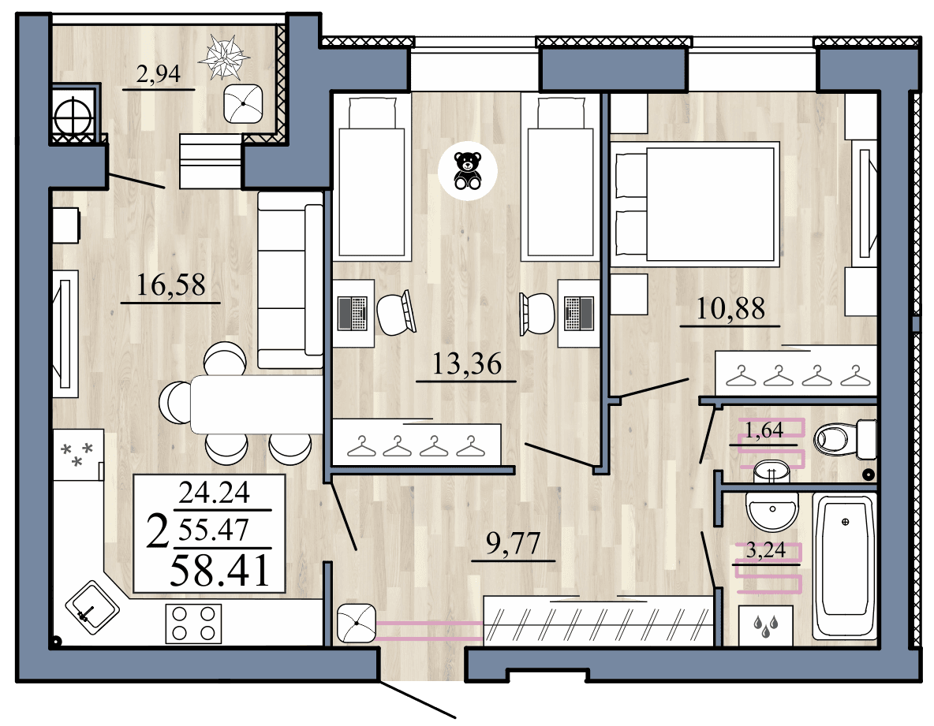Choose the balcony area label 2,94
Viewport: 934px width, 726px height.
(x=159, y=75)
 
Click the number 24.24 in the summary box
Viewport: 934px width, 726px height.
(x=214, y=493)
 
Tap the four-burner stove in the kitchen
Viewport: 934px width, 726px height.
(x=193, y=623)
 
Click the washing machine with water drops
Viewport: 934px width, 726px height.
(x=763, y=622)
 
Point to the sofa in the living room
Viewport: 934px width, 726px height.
(x=290, y=280)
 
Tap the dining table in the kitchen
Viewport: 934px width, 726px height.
(x=256, y=404)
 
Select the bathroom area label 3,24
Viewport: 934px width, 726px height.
(x=765, y=550)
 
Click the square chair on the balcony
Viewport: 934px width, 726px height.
(x=245, y=102)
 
